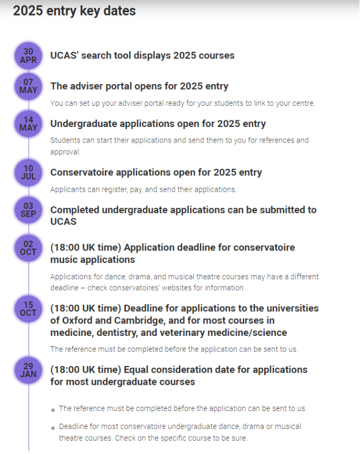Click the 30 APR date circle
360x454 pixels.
click(28, 56)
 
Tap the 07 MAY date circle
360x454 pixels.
click(28, 86)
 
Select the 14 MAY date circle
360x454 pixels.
click(28, 124)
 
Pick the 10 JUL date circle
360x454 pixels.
click(28, 173)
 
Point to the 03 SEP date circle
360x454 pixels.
click(28, 210)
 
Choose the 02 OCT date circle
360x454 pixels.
click(28, 247)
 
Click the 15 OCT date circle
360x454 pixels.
click(28, 309)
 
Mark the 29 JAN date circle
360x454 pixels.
click(28, 370)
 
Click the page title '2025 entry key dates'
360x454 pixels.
click(74, 11)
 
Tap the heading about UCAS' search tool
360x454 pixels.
click(142, 56)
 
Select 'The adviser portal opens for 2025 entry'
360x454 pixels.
click(139, 86)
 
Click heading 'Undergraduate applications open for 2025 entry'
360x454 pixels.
click(158, 124)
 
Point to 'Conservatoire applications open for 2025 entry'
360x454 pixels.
click(156, 173)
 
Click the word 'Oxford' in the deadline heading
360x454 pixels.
click(77, 321)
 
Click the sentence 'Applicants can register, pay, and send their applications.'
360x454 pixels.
click(143, 189)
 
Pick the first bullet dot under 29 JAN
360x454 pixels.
click(53, 409)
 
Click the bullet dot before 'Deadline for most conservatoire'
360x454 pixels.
click(53, 427)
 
